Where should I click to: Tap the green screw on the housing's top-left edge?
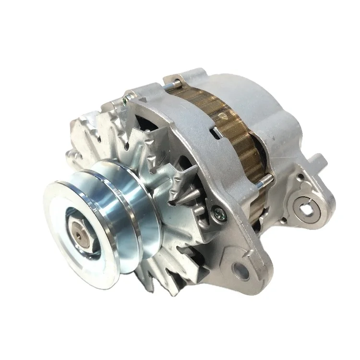click(x=125, y=100)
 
